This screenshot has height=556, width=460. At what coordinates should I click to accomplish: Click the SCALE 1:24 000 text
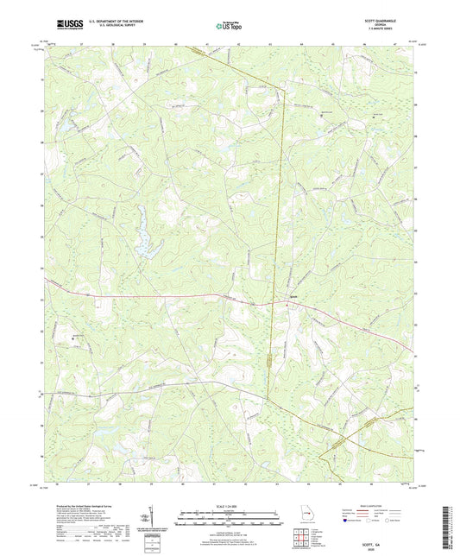click(x=229, y=505)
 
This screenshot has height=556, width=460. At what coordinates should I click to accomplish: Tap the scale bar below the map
click(x=229, y=519)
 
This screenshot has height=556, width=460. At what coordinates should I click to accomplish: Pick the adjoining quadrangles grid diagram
click(x=301, y=539)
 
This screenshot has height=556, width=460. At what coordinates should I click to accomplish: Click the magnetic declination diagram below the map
click(x=154, y=518)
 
